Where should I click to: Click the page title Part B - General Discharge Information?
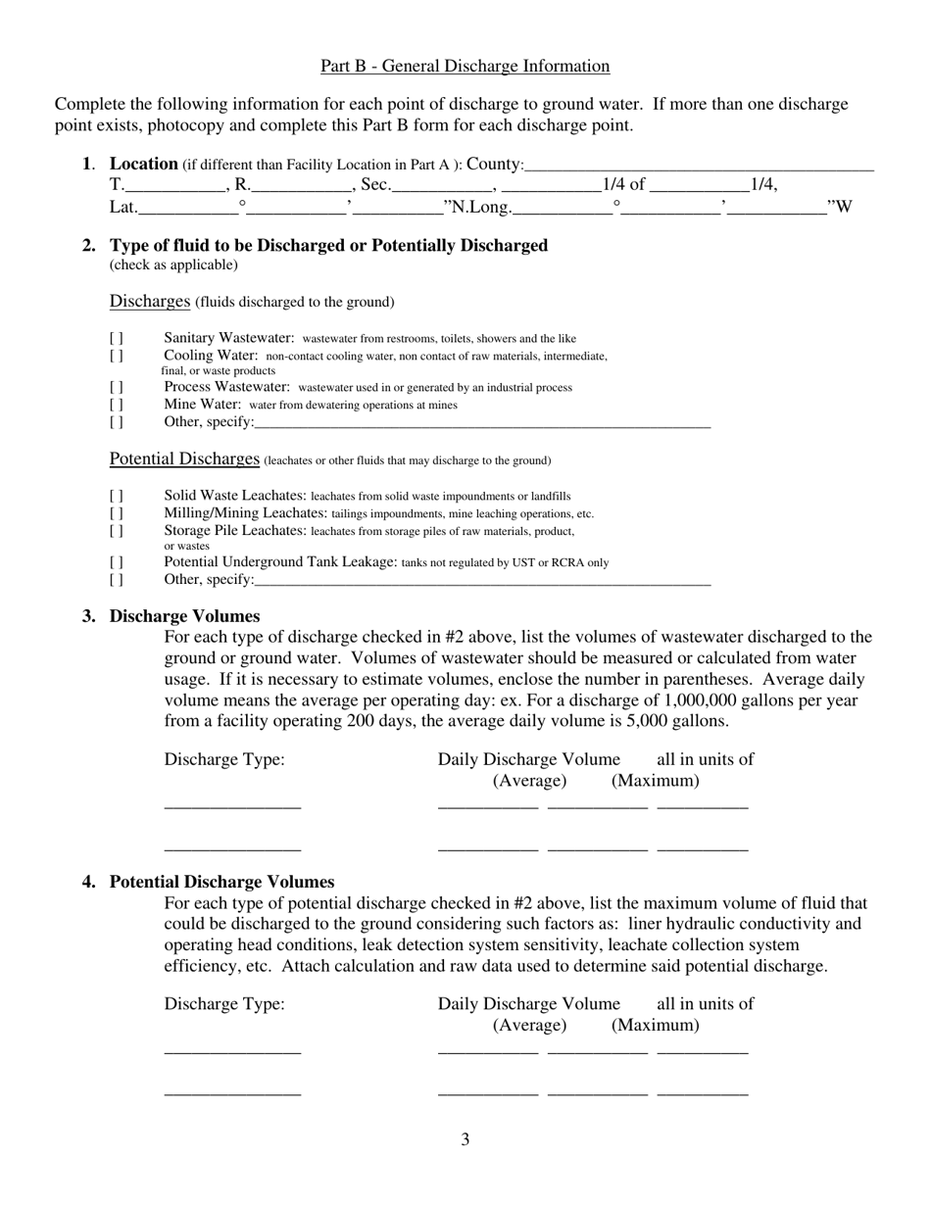tap(465, 67)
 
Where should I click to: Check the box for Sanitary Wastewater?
tap(117, 339)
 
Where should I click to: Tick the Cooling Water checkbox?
tap(117, 356)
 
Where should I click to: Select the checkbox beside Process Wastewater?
tap(117, 388)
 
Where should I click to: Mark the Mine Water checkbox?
tap(117, 405)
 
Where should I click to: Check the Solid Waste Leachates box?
tap(117, 497)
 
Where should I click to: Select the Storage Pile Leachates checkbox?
tap(117, 531)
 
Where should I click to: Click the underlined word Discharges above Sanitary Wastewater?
tap(149, 301)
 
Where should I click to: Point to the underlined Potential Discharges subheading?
tap(184, 459)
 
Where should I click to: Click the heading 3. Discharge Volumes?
tap(184, 616)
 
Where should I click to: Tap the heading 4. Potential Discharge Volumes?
tap(221, 882)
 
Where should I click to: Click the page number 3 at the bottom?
tap(465, 1139)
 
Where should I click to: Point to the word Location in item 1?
tap(143, 164)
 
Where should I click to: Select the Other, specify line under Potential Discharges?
tap(481, 581)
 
